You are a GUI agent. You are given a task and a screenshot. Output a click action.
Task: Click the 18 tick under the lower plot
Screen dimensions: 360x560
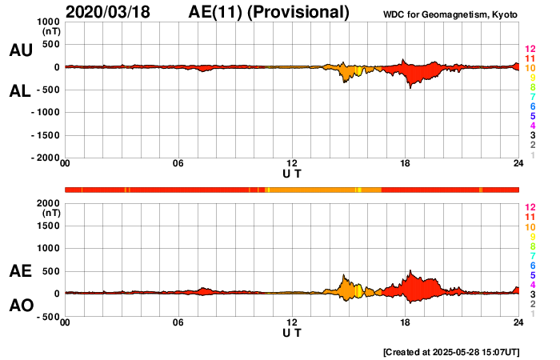coord(406,322)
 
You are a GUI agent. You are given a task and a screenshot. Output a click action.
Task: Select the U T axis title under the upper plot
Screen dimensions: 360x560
coord(292,174)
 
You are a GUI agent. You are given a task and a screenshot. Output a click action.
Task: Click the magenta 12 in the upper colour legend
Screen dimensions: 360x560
coord(530,49)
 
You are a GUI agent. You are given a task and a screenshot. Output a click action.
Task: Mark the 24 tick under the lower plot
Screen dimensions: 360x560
coord(518,322)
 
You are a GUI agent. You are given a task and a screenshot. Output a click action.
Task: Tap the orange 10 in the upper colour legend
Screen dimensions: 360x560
coord(530,68)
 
